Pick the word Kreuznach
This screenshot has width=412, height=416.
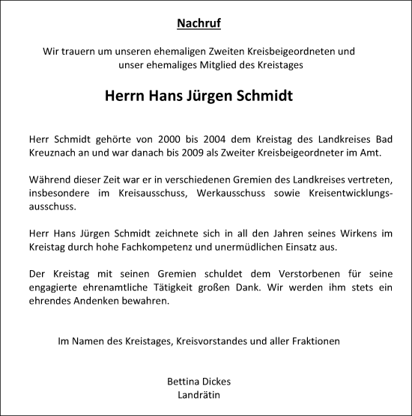pos(55,153)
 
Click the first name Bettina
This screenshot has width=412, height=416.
pos(183,382)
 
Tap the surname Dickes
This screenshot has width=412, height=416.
pos(217,382)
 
